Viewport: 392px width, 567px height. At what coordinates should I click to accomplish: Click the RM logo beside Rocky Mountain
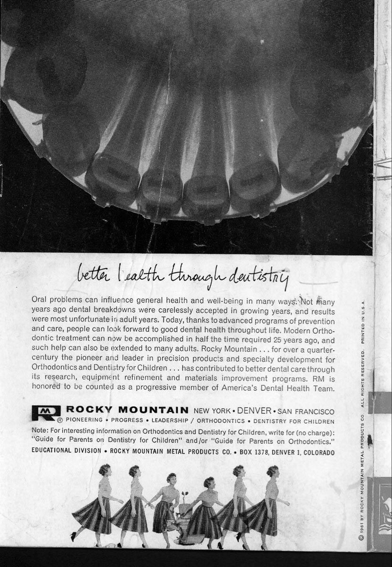coord(46,412)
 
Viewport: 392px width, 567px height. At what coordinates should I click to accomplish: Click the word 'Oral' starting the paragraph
coord(40,300)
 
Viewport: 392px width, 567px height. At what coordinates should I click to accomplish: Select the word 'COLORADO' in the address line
coord(319,452)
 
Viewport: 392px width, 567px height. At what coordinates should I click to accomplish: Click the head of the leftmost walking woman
coord(104,470)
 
